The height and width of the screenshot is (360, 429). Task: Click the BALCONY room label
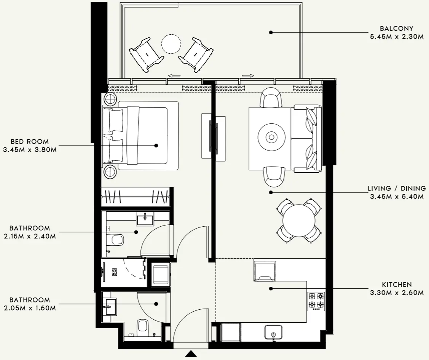396,29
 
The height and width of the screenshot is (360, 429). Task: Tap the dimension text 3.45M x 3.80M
30,150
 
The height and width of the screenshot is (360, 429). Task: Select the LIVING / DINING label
396,189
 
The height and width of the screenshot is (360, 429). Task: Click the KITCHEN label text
397,285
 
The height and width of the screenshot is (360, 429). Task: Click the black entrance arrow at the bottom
191,354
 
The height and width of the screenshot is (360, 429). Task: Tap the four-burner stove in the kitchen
316,300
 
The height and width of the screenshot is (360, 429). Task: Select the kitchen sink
273,332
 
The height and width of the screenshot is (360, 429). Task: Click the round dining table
299,221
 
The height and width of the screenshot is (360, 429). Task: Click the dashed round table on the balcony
171,45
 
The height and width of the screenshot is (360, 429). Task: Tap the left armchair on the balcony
146,54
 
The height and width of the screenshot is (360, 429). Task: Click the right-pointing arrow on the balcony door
248,76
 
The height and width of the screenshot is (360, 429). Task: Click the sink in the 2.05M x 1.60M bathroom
110,306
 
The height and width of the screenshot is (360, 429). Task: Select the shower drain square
114,272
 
